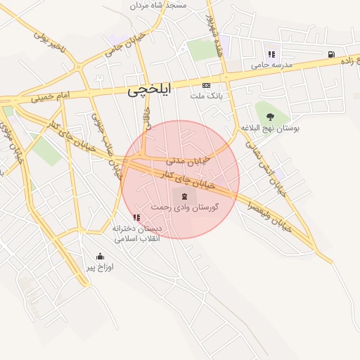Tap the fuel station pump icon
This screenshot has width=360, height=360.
tap(330, 53)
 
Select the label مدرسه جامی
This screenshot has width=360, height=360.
tap(271, 65)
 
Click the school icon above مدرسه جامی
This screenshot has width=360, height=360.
tap(271, 54)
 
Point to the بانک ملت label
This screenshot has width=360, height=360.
tap(205, 95)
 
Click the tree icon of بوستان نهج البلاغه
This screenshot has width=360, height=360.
tap(270, 117)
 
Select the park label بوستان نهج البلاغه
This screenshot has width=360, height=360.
tap(270, 129)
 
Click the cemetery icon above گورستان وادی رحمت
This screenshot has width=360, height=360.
tap(184, 195)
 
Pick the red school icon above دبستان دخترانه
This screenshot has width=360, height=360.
tap(136, 218)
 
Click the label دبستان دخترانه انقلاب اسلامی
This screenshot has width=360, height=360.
tap(137, 233)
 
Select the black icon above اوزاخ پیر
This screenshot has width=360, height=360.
tap(100, 256)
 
